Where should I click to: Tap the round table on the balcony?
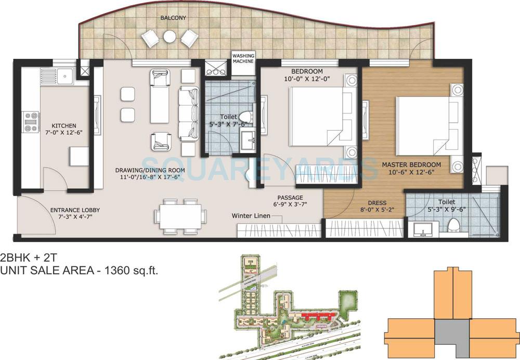click(170, 36)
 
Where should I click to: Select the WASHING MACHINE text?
click(243, 58)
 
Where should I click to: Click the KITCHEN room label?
click(64, 125)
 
